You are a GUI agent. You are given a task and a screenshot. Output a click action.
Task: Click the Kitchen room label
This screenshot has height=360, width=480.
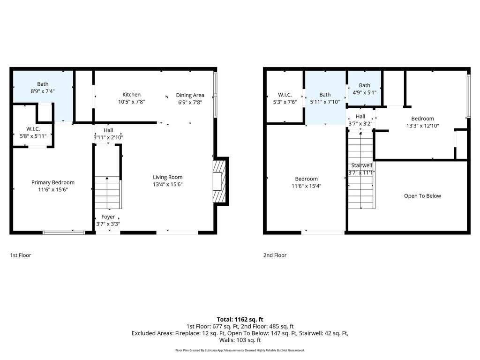click(x=131, y=95)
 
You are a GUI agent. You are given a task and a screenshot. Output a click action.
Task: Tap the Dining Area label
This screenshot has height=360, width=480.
click(x=190, y=95)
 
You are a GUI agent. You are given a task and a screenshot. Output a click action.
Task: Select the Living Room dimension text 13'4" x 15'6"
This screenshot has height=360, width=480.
click(x=168, y=184)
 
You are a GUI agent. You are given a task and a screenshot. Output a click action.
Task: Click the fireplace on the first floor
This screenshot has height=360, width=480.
click(x=219, y=181)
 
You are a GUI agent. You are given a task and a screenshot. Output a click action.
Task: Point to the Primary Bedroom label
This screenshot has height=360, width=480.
click(x=52, y=182)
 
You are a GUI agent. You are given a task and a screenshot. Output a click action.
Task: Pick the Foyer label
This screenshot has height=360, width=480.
click(x=108, y=217)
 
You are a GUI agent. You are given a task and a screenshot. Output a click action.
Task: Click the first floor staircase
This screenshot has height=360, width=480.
click(x=107, y=193)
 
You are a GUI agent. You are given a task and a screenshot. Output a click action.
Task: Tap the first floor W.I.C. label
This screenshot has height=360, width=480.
click(x=33, y=129)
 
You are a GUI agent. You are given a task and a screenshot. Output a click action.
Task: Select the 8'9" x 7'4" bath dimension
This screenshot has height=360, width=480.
click(x=43, y=91)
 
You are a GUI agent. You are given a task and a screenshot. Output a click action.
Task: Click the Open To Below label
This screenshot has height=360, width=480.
click(x=422, y=196)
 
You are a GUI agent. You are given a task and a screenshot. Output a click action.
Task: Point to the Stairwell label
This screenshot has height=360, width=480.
click(x=361, y=165)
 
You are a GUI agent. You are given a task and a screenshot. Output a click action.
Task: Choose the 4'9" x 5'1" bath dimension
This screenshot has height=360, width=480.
click(x=364, y=92)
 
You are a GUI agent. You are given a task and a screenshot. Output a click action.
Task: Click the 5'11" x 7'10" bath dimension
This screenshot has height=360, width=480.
click(x=325, y=102)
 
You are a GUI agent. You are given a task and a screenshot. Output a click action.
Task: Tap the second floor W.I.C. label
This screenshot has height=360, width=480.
click(x=285, y=95)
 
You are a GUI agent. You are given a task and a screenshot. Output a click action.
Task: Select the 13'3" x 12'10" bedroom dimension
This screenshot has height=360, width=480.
click(x=422, y=126)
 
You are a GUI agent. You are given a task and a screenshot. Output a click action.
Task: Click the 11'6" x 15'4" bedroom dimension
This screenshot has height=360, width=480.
click(x=306, y=186)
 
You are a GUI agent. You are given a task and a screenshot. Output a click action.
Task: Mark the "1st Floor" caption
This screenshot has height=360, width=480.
click(x=21, y=255)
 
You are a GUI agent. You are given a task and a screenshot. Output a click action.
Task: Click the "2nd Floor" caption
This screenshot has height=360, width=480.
click(x=275, y=255)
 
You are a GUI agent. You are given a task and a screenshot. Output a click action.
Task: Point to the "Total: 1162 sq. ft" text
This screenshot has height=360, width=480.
click(x=240, y=320)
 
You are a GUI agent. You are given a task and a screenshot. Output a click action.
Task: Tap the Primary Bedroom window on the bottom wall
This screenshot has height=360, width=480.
click(x=64, y=232)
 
